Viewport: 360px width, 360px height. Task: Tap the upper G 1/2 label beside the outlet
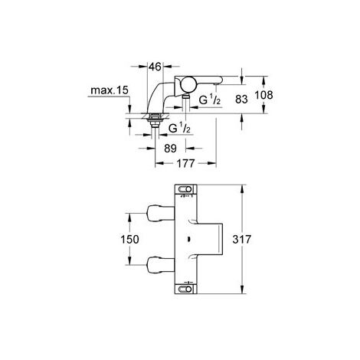tap(211, 100)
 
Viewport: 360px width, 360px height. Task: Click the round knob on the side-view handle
tap(188, 85)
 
